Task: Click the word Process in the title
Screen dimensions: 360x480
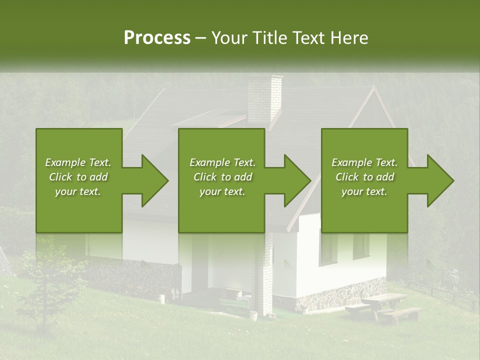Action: [157, 38]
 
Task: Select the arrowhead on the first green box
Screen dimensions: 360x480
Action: [152, 180]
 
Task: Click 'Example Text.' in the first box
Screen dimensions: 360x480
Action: [78, 162]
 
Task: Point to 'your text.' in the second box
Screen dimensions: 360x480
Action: [222, 191]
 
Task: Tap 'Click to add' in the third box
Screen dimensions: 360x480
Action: [364, 177]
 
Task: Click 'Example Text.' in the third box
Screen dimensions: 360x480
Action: [364, 162]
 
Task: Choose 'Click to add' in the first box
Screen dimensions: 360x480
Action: [78, 177]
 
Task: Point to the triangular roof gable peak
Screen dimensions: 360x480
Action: [373, 92]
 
